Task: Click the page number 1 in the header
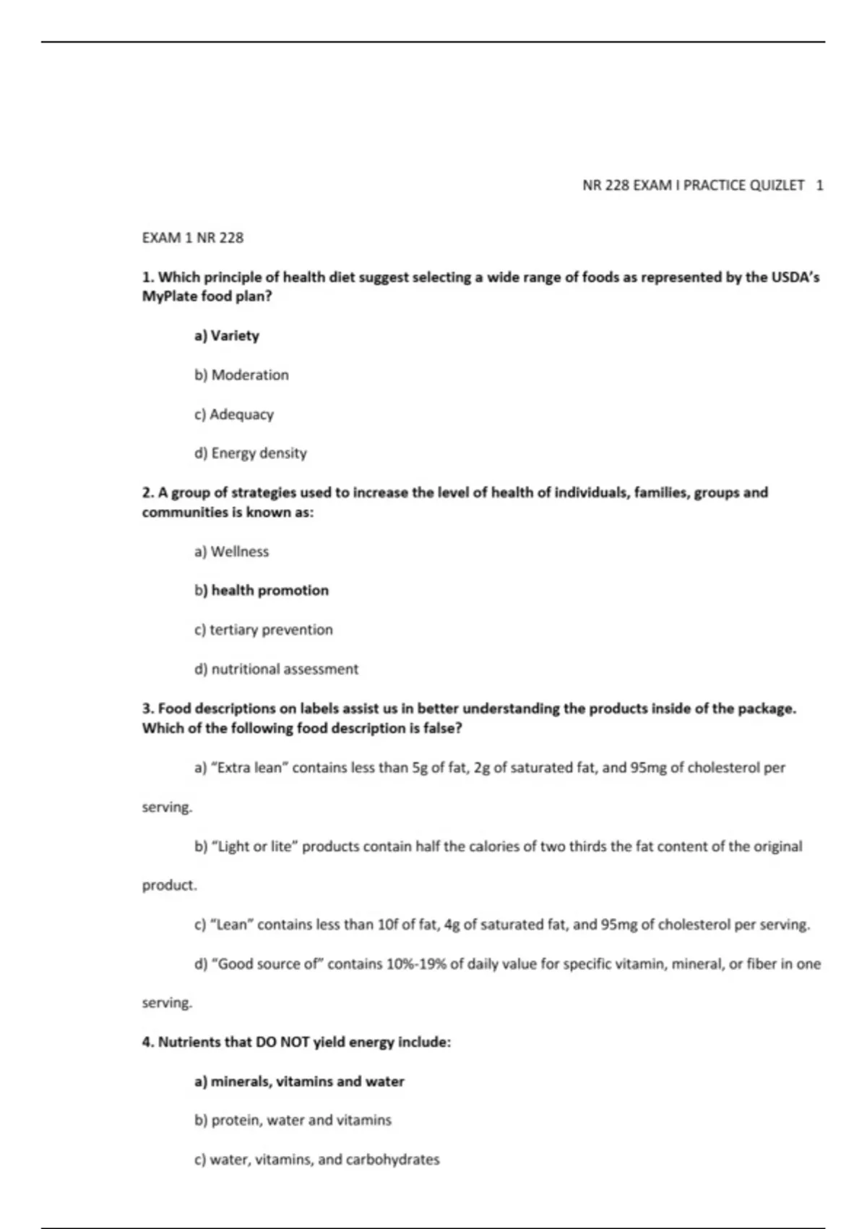[x=819, y=185]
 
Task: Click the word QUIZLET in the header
[x=777, y=185]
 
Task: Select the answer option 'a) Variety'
[x=227, y=335]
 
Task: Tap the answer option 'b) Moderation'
[x=241, y=374]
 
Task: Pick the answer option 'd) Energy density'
[x=250, y=453]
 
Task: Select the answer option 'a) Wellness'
[x=231, y=552]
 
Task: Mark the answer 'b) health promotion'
[x=262, y=591]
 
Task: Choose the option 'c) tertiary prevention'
[x=264, y=630]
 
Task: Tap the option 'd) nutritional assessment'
[x=276, y=669]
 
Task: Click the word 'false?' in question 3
[x=442, y=728]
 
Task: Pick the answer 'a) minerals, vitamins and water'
[x=299, y=1082]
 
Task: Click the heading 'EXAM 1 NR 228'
[x=193, y=238]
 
